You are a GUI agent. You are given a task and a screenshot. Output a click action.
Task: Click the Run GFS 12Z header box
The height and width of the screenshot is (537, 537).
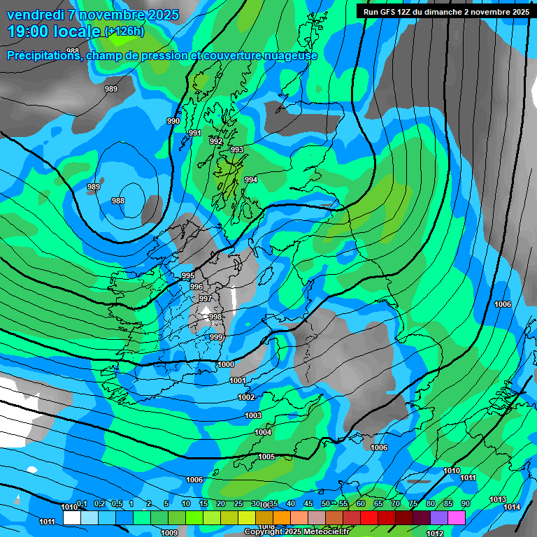pos(445,11)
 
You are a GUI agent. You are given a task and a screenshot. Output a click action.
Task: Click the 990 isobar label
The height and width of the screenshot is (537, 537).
pos(173,121)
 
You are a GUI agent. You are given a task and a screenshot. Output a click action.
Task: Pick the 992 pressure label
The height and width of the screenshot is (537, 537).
pos(216,141)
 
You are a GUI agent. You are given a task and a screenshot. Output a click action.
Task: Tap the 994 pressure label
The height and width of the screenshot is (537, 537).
pos(251,180)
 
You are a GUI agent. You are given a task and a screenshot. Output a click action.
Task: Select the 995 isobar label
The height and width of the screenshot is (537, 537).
pos(187,276)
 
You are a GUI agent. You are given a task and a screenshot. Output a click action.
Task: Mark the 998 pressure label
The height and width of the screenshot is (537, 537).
pos(215,317)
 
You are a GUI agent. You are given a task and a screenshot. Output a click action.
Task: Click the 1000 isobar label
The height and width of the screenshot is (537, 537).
pos(226,364)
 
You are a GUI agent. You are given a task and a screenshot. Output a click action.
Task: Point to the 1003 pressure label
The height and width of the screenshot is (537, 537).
pos(253,415)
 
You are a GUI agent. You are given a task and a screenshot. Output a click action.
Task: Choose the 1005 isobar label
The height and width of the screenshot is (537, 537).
pos(266,457)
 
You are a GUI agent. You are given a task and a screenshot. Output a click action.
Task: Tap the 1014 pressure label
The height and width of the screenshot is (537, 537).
pos(512,507)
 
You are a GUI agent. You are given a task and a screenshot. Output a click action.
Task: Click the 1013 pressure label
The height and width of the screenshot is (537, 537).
pos(497,499)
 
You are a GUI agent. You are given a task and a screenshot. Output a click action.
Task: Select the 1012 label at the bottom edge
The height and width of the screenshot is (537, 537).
pos(435,534)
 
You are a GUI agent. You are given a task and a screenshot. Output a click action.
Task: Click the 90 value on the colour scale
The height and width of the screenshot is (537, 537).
pos(465,504)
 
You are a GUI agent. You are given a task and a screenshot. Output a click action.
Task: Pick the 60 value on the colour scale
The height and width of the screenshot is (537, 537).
pos(361,504)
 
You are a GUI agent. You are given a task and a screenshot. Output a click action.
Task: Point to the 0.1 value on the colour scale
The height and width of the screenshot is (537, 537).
pos(82,504)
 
